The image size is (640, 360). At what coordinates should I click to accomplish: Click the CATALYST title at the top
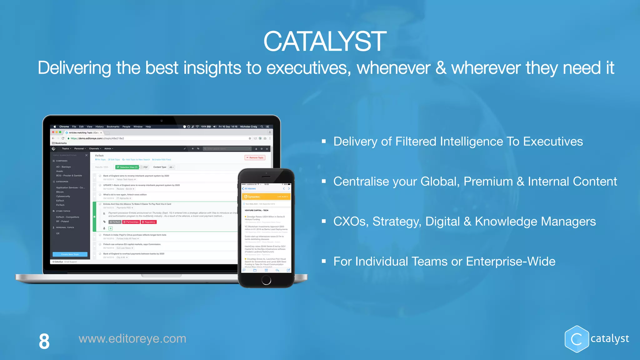tap(325, 42)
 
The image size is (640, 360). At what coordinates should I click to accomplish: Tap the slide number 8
tap(44, 341)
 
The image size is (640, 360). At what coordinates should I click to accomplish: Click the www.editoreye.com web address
tap(132, 339)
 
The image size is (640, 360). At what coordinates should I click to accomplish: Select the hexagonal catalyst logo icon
tap(577, 339)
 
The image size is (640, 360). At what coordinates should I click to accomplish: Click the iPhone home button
tap(266, 280)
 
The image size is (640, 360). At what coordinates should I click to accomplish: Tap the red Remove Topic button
tap(255, 158)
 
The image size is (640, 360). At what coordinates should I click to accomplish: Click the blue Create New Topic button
tap(70, 254)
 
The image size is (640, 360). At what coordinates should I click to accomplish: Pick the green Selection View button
tap(127, 167)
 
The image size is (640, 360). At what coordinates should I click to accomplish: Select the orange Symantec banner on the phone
tap(266, 197)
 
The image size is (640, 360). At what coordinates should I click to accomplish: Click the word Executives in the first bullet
tap(553, 142)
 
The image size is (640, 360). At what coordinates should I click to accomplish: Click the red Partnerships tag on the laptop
tap(131, 222)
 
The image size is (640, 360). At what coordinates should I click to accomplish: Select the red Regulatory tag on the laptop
tap(148, 222)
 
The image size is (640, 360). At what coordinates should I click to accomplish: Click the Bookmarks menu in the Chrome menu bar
tap(113, 127)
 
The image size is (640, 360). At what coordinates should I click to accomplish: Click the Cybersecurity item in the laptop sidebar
tap(63, 197)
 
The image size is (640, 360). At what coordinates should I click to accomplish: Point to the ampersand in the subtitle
tap(441, 68)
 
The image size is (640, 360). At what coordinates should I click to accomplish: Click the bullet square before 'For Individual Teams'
tap(324, 261)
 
